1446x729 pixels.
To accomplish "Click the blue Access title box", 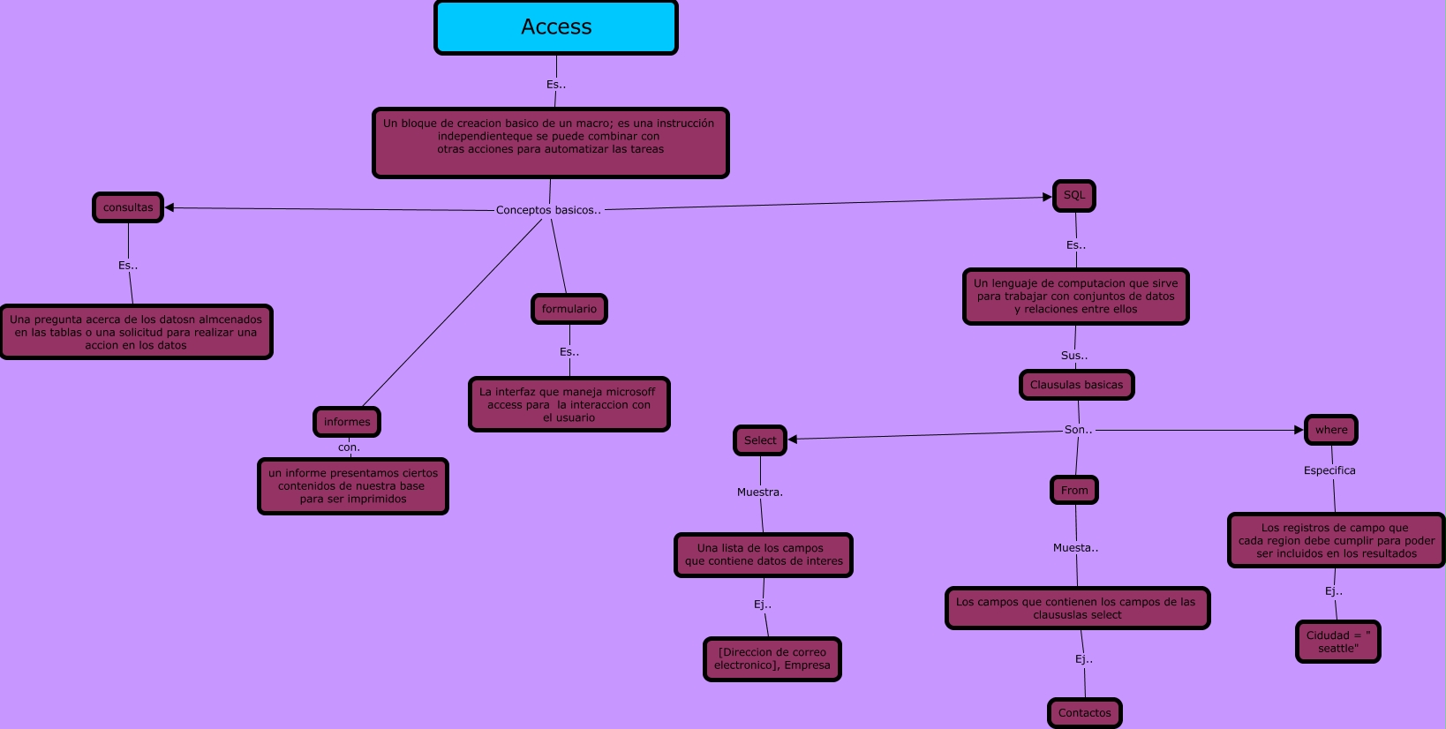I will [x=556, y=27].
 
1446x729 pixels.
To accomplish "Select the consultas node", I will [x=128, y=207].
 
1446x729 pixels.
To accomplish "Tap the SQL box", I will [x=1074, y=196].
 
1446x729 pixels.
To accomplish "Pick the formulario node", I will [x=569, y=309].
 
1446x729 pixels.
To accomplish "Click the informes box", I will [x=347, y=422].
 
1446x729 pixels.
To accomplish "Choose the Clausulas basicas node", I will [x=1077, y=385].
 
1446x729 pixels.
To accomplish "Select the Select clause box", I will [x=760, y=440].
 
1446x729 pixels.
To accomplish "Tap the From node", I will [x=1074, y=490].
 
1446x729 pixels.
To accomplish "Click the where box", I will [x=1331, y=430].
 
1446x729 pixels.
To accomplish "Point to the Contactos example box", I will [x=1085, y=713].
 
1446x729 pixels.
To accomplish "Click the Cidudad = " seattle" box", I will [x=1338, y=642].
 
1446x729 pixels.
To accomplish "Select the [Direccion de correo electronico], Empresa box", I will [x=772, y=659].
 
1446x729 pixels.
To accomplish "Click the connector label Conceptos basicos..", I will [x=548, y=210].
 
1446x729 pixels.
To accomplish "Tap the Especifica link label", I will [x=1329, y=470].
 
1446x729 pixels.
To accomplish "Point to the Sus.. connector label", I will [x=1074, y=356].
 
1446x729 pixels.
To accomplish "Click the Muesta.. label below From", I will [x=1076, y=548].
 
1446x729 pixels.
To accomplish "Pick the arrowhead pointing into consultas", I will [x=169, y=207].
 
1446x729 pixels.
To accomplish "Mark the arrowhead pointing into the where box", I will [x=1299, y=430].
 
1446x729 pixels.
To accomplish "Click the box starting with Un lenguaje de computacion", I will [x=1076, y=297].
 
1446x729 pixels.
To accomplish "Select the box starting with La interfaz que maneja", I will [x=569, y=404].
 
